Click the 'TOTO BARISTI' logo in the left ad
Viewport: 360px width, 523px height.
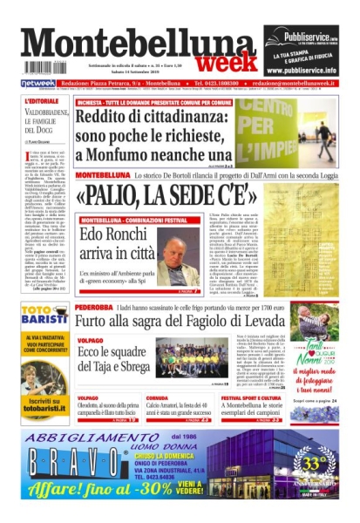pos(44,316)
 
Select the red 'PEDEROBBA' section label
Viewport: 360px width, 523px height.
pos(93,308)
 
